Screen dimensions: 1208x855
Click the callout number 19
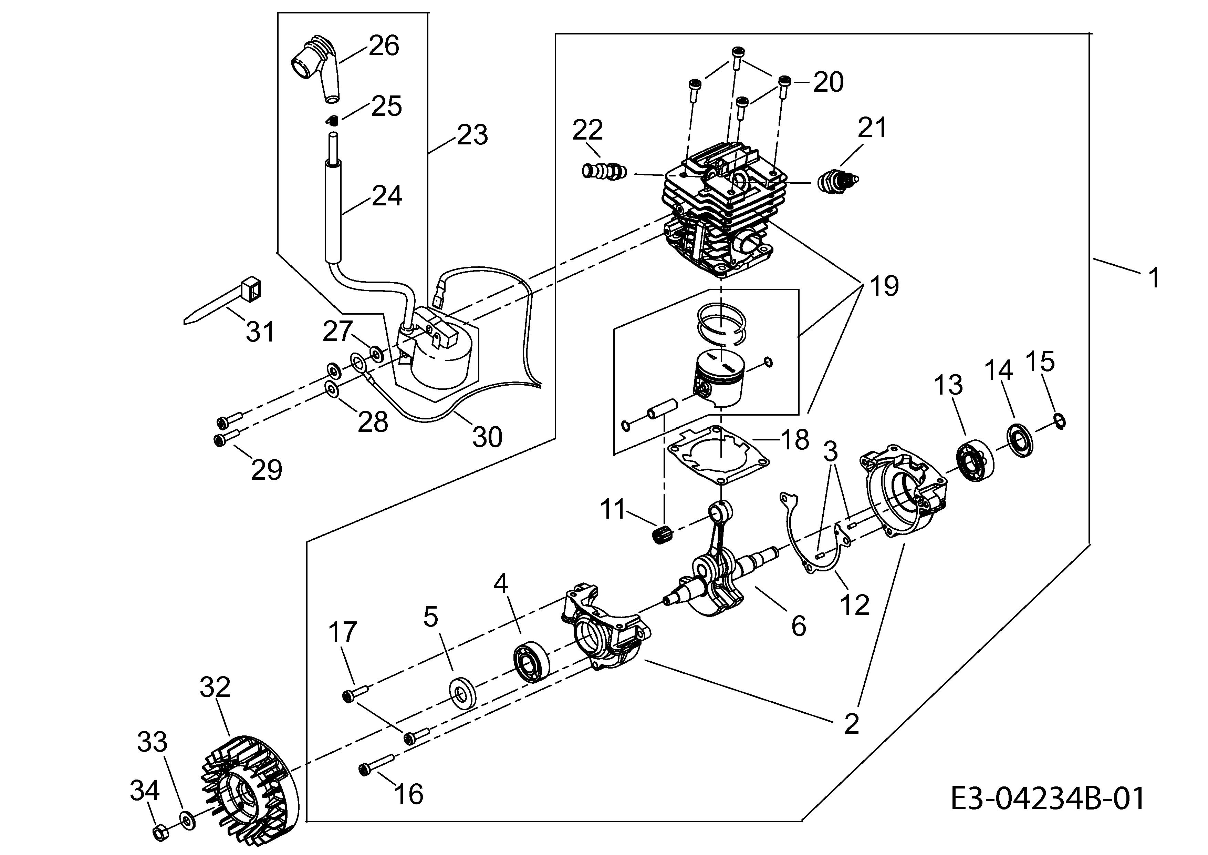884,286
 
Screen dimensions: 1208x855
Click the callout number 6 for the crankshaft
799,625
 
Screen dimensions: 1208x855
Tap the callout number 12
855,604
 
